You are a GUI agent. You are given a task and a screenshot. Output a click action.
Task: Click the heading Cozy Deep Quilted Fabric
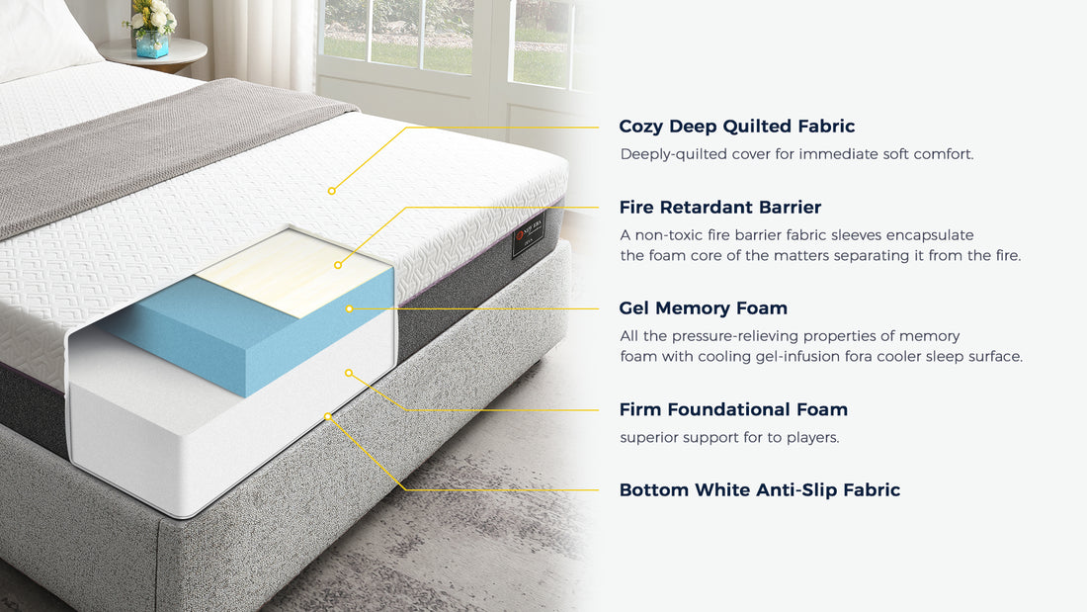click(x=736, y=127)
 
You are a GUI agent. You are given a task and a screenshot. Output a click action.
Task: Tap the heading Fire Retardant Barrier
click(x=719, y=208)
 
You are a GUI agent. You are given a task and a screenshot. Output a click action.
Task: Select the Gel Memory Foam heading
click(x=703, y=308)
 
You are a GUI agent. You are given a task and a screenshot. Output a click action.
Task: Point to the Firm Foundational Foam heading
click(x=733, y=409)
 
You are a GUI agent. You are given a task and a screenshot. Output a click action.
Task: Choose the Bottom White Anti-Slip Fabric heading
click(x=759, y=490)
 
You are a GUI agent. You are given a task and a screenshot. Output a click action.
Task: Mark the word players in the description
click(x=811, y=437)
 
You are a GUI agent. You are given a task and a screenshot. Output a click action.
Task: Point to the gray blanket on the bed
click(x=148, y=148)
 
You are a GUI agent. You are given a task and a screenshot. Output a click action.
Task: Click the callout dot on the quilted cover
click(x=332, y=191)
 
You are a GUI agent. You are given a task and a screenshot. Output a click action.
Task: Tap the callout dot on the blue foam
click(x=349, y=308)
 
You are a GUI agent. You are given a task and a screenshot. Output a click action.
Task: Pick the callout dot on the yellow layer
click(x=338, y=265)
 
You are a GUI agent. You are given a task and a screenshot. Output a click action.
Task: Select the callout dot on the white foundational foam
click(x=348, y=372)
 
